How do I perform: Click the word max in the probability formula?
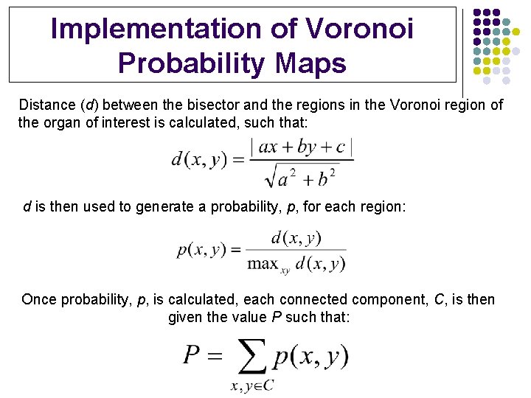(263, 262)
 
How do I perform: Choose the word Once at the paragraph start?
(39, 299)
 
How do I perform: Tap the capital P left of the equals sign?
(192, 357)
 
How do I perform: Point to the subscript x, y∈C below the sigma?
(251, 386)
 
